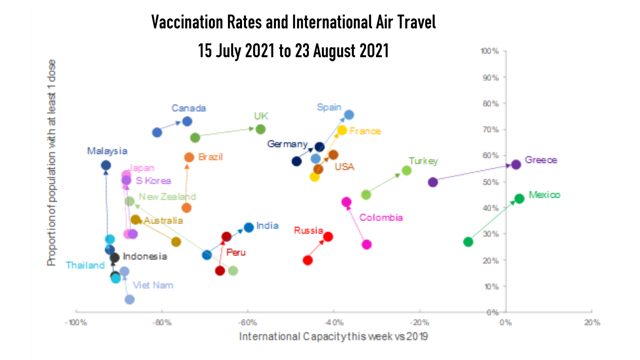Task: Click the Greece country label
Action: click(x=541, y=160)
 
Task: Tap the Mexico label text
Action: click(x=544, y=195)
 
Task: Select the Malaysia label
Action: click(x=107, y=151)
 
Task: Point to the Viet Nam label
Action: click(x=153, y=285)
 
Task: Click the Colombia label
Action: click(x=381, y=218)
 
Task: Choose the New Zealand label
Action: click(x=167, y=197)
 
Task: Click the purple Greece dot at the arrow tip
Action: click(x=516, y=164)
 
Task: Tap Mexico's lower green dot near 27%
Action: click(x=468, y=242)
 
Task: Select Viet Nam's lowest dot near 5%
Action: click(x=129, y=300)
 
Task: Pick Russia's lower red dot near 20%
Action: click(x=308, y=260)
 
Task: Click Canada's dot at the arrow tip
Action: click(x=187, y=122)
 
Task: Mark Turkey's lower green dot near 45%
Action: click(x=366, y=195)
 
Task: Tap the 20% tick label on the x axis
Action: click(x=592, y=323)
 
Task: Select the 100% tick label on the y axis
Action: click(x=490, y=51)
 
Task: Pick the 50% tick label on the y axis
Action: click(x=491, y=182)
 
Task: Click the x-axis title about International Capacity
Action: click(x=333, y=336)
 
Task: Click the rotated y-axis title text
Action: click(x=52, y=163)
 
